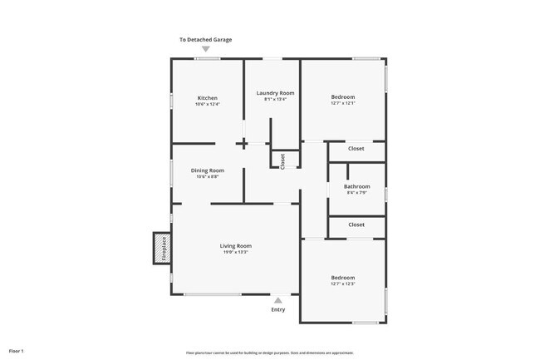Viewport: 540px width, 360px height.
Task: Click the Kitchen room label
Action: [207, 98]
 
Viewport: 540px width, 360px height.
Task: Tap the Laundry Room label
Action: [275, 93]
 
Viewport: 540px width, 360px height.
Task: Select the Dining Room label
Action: [208, 170]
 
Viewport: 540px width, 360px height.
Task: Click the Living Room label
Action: [235, 246]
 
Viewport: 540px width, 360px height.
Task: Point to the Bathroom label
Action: [357, 187]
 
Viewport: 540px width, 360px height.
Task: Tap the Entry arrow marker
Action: [277, 300]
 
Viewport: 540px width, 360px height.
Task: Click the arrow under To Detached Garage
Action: [206, 49]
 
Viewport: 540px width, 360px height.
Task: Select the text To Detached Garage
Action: [206, 39]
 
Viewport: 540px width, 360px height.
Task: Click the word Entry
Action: [277, 310]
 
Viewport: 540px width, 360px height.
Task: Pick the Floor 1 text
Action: [16, 339]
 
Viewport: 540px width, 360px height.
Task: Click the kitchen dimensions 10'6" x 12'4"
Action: [207, 105]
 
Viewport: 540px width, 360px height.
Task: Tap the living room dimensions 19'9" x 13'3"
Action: [235, 253]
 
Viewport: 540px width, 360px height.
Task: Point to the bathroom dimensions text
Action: [357, 194]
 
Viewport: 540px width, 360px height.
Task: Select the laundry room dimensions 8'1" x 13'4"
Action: [275, 100]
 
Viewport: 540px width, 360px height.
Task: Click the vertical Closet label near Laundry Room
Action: [282, 160]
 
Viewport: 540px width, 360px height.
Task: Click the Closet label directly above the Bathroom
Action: [356, 149]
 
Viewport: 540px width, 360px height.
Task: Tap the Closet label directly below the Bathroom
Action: [356, 224]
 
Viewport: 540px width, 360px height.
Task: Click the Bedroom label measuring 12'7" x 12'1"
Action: [343, 97]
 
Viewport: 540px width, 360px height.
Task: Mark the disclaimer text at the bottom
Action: [270, 353]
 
